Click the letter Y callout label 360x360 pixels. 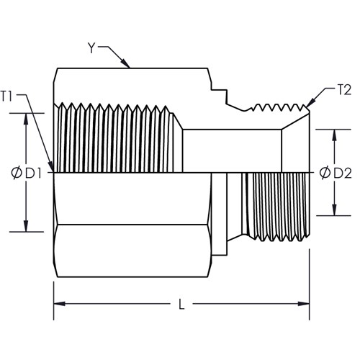[91, 48]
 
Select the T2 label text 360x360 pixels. [344, 90]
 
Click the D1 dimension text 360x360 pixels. [34, 173]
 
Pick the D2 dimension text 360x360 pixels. [343, 173]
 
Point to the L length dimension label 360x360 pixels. [181, 304]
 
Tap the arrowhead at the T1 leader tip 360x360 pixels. [50, 166]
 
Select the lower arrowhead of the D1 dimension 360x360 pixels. [26, 226]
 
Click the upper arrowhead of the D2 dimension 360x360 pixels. [334, 135]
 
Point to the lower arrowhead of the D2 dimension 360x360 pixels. [334, 210]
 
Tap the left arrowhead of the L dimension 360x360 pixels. [60, 304]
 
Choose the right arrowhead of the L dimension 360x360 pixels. [304, 304]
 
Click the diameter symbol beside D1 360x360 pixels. [17, 173]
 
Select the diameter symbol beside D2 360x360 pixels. [325, 173]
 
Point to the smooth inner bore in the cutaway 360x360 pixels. [232, 151]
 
